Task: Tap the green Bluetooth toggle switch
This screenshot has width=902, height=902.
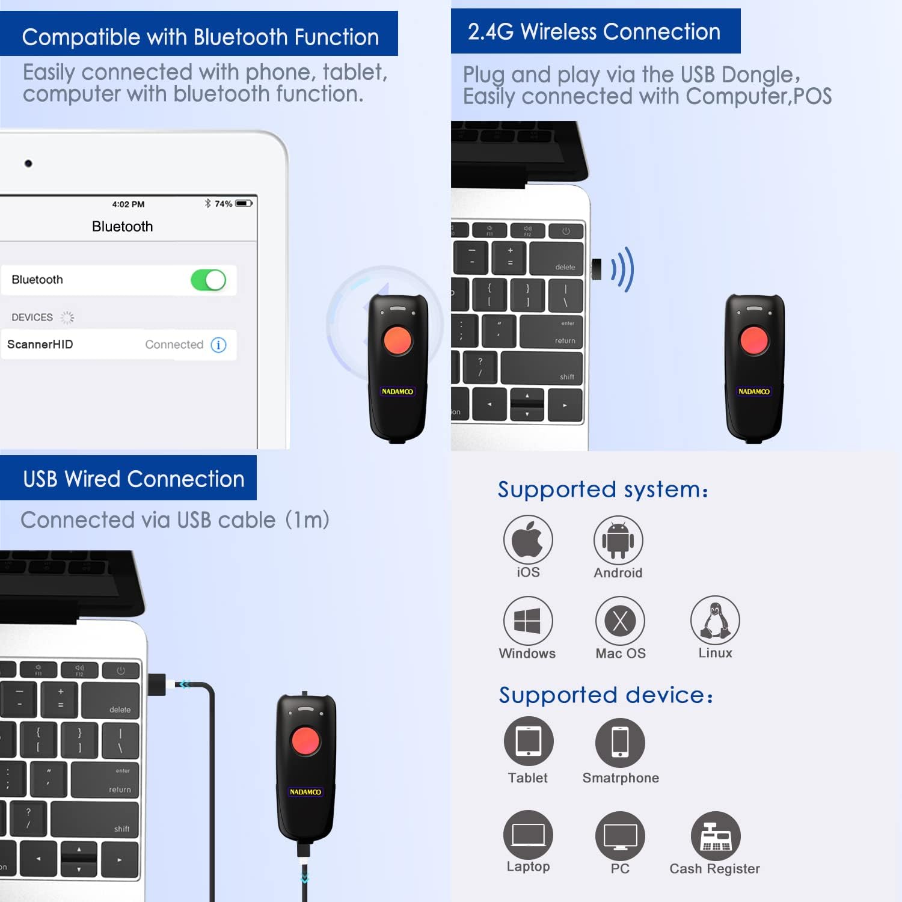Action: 208,280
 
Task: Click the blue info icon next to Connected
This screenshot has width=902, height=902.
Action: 219,345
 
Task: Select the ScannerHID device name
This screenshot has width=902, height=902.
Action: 40,345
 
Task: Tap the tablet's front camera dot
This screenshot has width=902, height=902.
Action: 28,164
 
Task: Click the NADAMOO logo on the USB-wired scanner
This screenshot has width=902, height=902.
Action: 305,792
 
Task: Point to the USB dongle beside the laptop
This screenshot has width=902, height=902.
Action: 597,269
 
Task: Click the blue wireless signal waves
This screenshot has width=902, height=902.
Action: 623,269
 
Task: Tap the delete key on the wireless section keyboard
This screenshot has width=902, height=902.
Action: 556,259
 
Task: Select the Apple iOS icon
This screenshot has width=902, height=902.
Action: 527,539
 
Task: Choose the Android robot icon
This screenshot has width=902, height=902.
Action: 618,540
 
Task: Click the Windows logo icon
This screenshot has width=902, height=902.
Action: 527,621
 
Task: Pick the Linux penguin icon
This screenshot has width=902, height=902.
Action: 714,620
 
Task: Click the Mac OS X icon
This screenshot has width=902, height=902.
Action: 620,621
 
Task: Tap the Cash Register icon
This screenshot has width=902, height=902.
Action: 715,836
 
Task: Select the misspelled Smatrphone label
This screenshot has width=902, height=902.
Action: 621,778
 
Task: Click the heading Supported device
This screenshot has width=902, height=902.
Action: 606,695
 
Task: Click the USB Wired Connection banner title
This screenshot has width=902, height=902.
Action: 133,479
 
